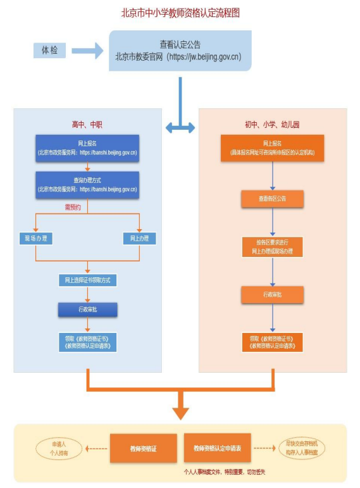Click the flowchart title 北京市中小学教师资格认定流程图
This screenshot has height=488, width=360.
180,13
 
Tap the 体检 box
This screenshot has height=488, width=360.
49,50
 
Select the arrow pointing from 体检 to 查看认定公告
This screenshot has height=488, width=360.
87,50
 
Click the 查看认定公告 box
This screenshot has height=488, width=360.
180,50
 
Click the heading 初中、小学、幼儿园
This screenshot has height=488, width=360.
272,125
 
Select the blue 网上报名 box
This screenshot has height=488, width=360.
87,148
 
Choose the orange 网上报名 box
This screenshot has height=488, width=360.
272,148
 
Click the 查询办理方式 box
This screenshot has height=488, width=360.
87,184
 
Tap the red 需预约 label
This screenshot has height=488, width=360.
73,206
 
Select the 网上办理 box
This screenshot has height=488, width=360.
139,239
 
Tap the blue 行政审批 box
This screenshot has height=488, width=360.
87,310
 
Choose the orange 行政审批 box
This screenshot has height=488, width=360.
272,294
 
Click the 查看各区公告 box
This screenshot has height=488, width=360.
272,199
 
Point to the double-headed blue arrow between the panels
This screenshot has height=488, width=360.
180,127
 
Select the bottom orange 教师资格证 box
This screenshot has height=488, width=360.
142,448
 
